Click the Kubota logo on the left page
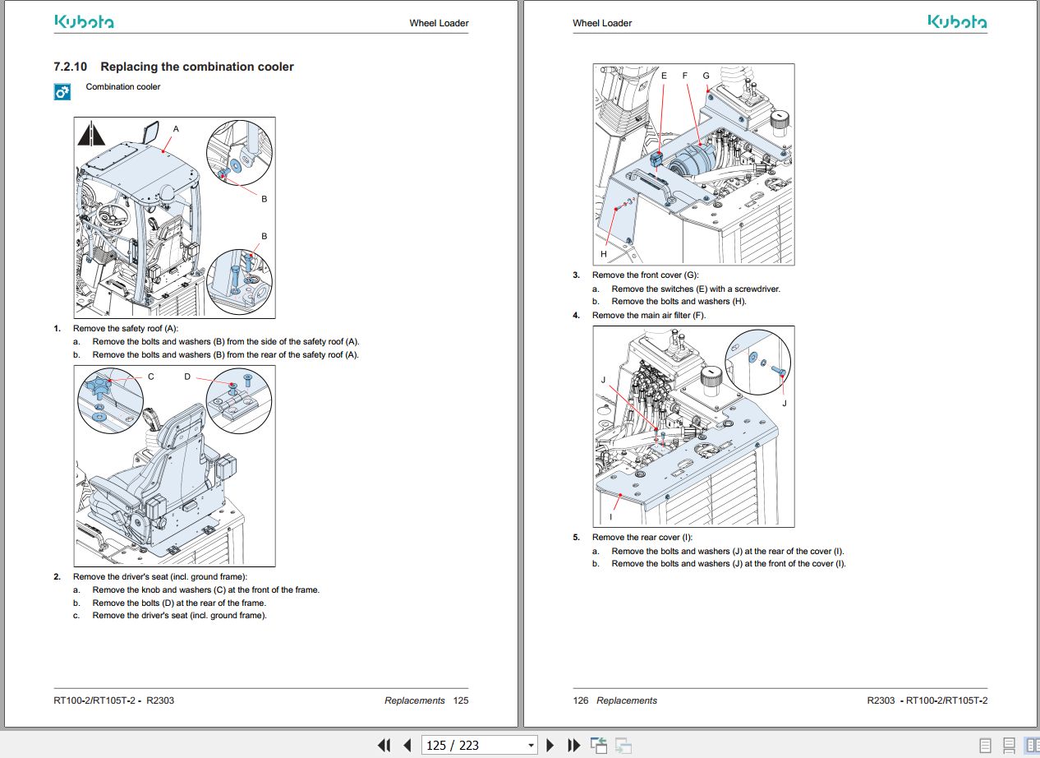(x=84, y=22)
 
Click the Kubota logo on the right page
(x=957, y=22)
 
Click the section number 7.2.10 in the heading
(x=71, y=67)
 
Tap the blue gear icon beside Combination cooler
(x=62, y=93)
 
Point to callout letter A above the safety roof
(x=176, y=129)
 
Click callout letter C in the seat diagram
(x=151, y=377)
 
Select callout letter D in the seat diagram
(x=187, y=377)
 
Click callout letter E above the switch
(x=664, y=76)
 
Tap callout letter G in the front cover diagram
(x=706, y=76)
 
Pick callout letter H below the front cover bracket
(x=604, y=254)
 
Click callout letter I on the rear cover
(x=610, y=517)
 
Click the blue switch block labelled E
(x=656, y=158)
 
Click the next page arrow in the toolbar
(x=550, y=745)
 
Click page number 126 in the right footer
(x=581, y=700)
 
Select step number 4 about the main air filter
(x=576, y=316)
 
